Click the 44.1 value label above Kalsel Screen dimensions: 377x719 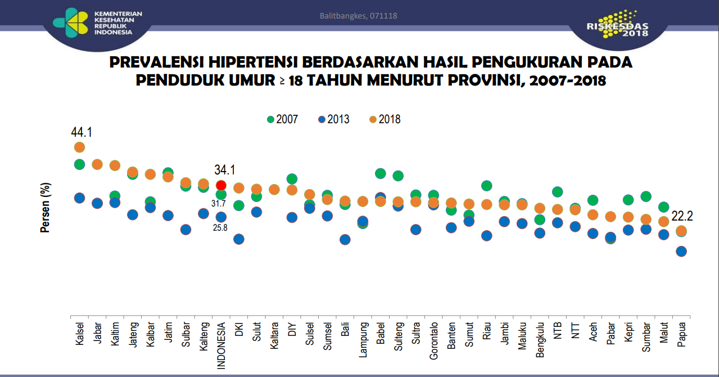(81, 132)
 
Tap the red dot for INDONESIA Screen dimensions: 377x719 (221, 185)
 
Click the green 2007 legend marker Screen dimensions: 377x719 (270, 119)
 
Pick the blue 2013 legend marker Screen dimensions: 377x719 (322, 119)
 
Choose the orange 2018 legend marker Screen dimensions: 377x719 (372, 119)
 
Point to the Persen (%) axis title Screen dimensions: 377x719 (46, 208)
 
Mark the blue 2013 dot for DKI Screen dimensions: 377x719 (238, 239)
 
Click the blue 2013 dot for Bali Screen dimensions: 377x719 (345, 240)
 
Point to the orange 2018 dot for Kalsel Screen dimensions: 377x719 (79, 147)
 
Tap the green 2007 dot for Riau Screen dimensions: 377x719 (486, 186)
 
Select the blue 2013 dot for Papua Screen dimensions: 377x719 (681, 252)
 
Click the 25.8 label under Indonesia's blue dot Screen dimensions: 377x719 (220, 228)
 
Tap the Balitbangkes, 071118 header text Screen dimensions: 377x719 (359, 16)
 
